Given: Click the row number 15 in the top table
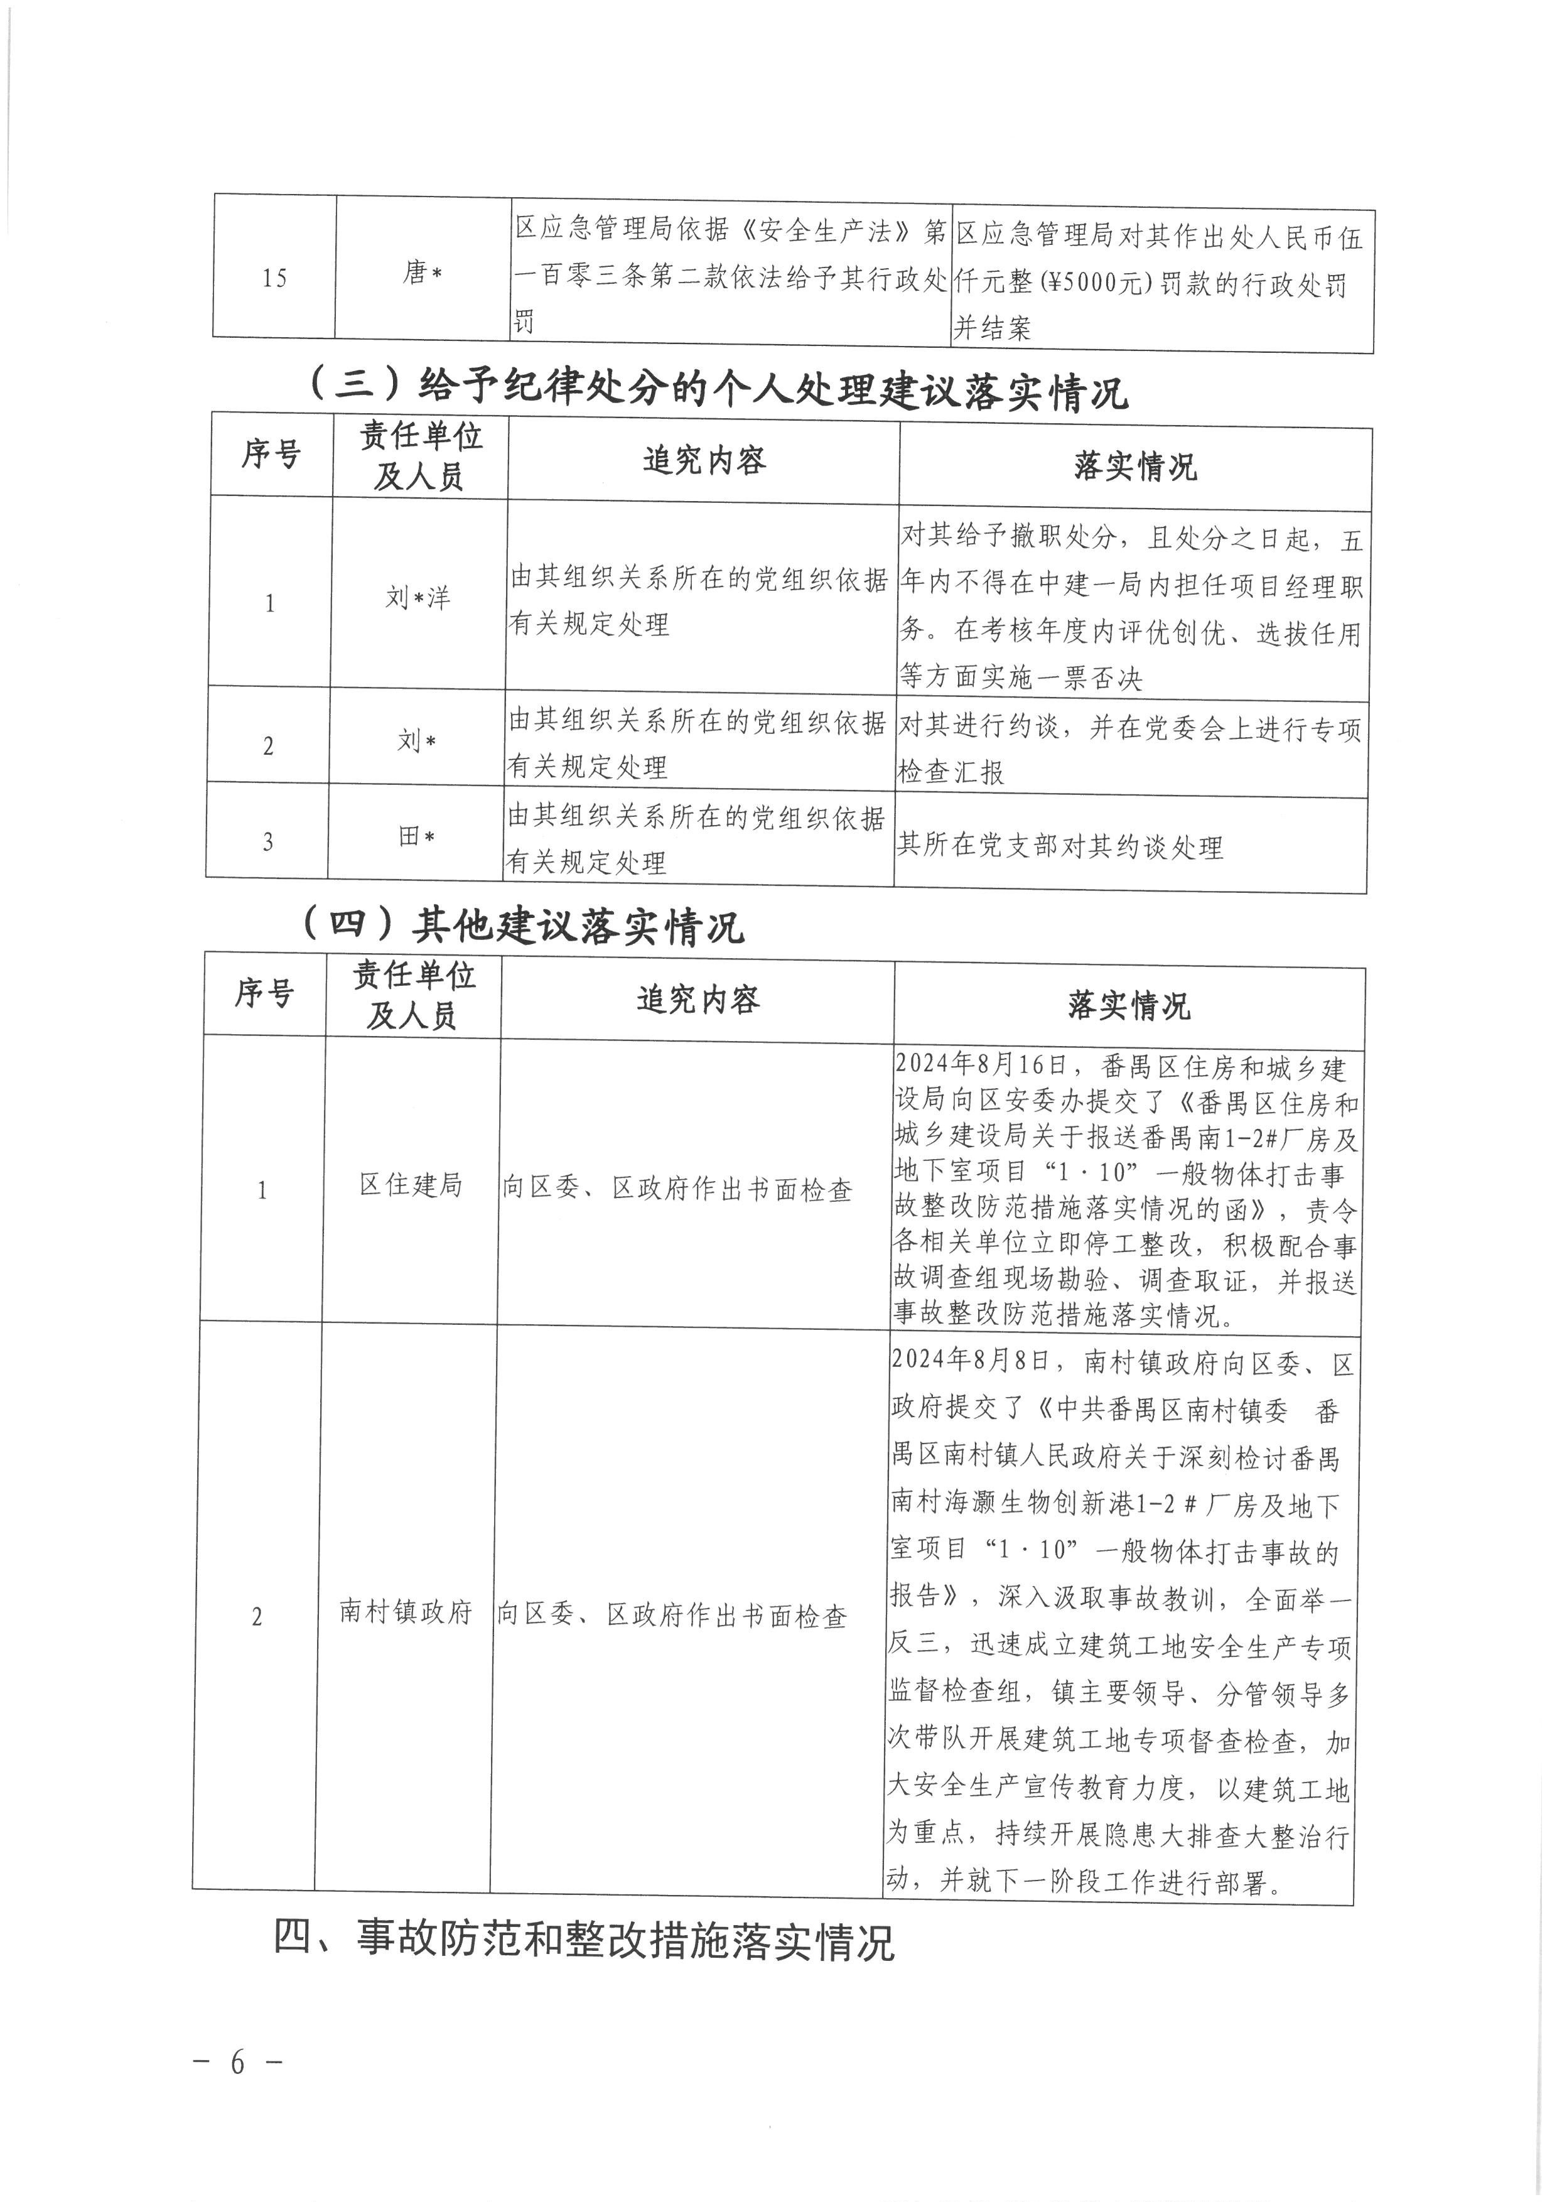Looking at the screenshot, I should point(274,279).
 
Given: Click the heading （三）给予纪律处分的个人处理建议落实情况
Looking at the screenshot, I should point(716,391).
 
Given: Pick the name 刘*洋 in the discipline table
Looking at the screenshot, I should point(418,598).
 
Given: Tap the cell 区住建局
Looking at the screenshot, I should point(411,1185).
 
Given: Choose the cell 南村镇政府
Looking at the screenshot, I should point(406,1611).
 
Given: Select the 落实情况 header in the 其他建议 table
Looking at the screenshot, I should point(1128,1006).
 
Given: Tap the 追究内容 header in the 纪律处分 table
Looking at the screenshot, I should point(704,462).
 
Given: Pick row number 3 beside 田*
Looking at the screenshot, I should point(267,842).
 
